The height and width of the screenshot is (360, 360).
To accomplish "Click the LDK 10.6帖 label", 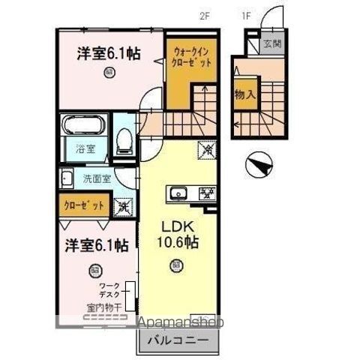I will (x=177, y=236).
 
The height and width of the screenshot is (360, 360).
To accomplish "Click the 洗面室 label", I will (x=97, y=179).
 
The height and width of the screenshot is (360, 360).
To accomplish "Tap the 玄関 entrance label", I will (x=271, y=43).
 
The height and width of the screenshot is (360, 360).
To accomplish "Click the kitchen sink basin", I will (x=180, y=193).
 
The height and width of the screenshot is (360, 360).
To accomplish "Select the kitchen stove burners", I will (x=203, y=193).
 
